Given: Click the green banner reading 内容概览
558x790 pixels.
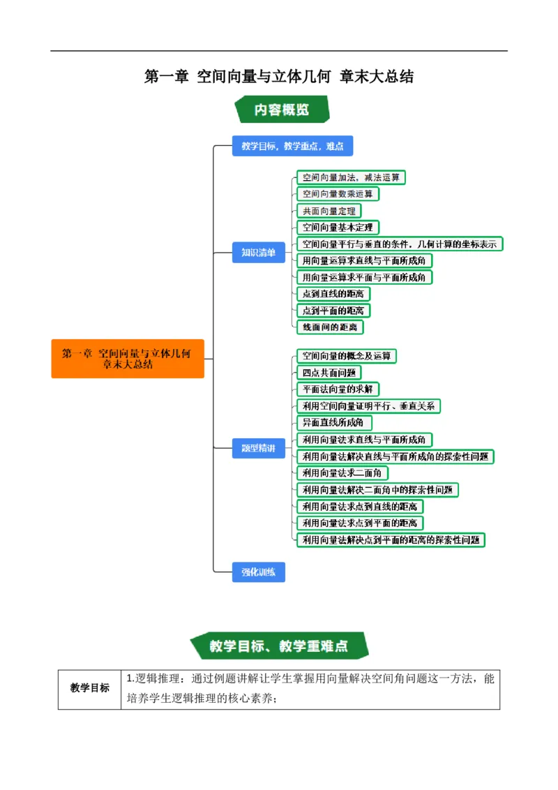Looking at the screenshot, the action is [x=282, y=110].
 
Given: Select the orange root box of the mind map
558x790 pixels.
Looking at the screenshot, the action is [x=128, y=359].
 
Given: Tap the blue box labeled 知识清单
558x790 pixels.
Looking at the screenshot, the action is [x=258, y=253].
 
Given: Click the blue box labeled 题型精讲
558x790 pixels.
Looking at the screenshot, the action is [x=258, y=448].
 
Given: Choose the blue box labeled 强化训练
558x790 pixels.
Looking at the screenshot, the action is [x=258, y=572].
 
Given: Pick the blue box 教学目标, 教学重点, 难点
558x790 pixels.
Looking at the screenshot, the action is [x=292, y=146].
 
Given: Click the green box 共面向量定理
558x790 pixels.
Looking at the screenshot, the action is [x=329, y=211].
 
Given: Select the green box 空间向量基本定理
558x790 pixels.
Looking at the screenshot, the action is [x=338, y=228].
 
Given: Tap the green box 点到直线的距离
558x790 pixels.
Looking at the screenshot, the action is [x=333, y=294].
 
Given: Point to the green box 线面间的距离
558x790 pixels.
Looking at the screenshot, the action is [x=330, y=327].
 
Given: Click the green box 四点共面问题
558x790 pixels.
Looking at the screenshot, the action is [x=329, y=373].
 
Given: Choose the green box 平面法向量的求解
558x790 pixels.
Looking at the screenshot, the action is [x=338, y=389].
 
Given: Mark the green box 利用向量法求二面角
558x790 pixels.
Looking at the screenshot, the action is [x=342, y=472].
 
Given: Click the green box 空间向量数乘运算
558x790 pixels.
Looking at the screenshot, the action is [x=338, y=194].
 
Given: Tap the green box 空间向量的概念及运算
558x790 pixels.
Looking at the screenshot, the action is [x=347, y=356].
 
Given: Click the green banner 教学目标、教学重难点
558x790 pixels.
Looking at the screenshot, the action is [x=279, y=646].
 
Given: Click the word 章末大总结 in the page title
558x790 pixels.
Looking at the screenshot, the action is [x=377, y=77].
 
